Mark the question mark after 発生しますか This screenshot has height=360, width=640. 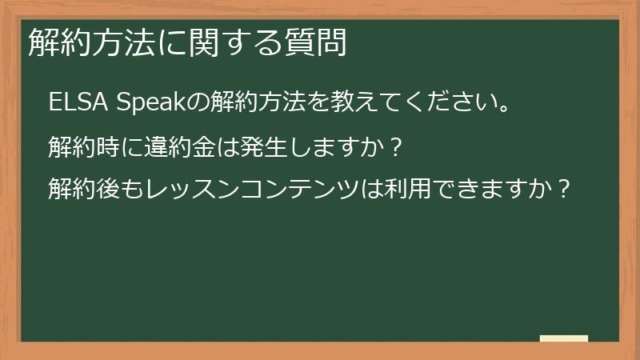pos(391,147)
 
